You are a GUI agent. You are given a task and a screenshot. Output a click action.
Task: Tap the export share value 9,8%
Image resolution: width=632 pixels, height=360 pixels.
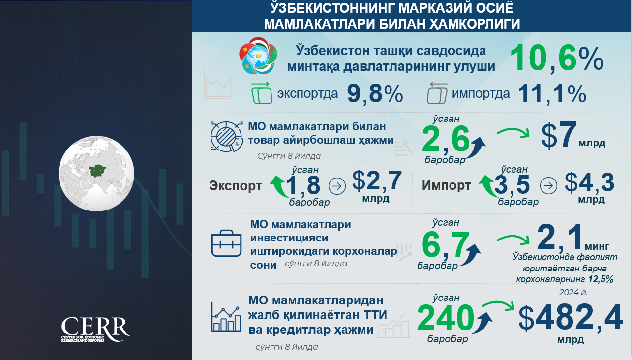click(375, 93)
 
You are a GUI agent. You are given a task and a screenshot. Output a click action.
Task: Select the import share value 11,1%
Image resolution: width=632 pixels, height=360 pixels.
click(552, 93)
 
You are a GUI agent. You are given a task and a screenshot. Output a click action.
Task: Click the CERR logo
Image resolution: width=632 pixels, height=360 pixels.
click(95, 329)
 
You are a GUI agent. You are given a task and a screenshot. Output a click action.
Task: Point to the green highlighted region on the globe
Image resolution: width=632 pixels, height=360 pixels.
click(97, 170)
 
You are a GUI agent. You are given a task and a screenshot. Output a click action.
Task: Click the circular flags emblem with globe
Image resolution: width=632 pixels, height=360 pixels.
click(258, 56)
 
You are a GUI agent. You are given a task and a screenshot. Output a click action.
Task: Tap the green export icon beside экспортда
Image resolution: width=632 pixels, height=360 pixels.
click(262, 93)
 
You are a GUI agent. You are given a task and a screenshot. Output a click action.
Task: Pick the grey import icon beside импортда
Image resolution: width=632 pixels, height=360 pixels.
click(437, 93)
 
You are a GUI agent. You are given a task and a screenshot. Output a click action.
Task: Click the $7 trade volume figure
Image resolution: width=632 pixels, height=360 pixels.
click(559, 135)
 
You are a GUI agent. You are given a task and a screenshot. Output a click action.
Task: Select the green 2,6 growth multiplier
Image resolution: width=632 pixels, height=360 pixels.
click(446, 139)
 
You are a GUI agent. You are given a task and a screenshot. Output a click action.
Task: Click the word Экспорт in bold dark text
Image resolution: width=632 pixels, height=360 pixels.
click(235, 186)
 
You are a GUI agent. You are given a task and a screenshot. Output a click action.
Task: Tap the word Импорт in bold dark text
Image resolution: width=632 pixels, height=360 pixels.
click(446, 185)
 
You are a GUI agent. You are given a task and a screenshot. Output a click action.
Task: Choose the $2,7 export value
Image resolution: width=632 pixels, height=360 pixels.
click(377, 181)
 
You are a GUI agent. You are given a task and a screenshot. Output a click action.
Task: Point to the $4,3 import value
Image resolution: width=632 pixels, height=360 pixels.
click(590, 183)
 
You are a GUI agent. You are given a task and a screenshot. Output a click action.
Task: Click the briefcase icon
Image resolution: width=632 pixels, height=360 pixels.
click(227, 243)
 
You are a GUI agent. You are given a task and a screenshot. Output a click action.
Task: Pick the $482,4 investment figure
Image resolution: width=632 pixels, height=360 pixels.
click(571, 317)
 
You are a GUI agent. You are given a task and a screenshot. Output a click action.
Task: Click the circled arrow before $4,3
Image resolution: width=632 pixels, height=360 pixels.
click(548, 185)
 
